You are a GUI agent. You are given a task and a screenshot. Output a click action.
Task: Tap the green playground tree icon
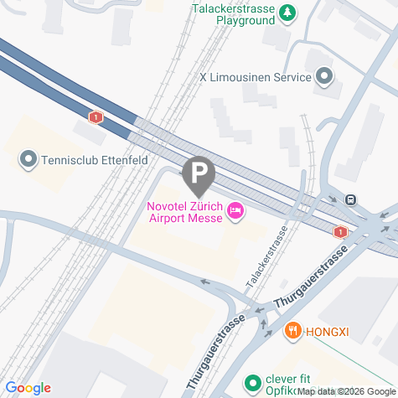(x=287, y=12)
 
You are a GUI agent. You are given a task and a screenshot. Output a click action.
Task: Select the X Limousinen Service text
(x=255, y=77)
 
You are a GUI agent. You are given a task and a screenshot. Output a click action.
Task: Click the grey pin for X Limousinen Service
(x=324, y=78)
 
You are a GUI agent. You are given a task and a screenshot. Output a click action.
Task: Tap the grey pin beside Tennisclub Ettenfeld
(x=28, y=158)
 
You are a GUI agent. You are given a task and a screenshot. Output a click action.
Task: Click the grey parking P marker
(x=199, y=174)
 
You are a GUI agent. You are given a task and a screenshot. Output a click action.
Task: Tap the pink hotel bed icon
(x=235, y=213)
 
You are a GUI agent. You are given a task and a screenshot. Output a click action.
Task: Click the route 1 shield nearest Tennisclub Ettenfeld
(x=97, y=117)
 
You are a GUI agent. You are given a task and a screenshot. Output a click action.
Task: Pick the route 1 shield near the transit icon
(x=340, y=231)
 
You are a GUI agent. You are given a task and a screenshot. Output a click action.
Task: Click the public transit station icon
(x=351, y=199)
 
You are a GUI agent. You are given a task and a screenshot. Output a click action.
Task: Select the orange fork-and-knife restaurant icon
(x=292, y=330)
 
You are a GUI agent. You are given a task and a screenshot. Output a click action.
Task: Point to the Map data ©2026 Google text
(x=346, y=391)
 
